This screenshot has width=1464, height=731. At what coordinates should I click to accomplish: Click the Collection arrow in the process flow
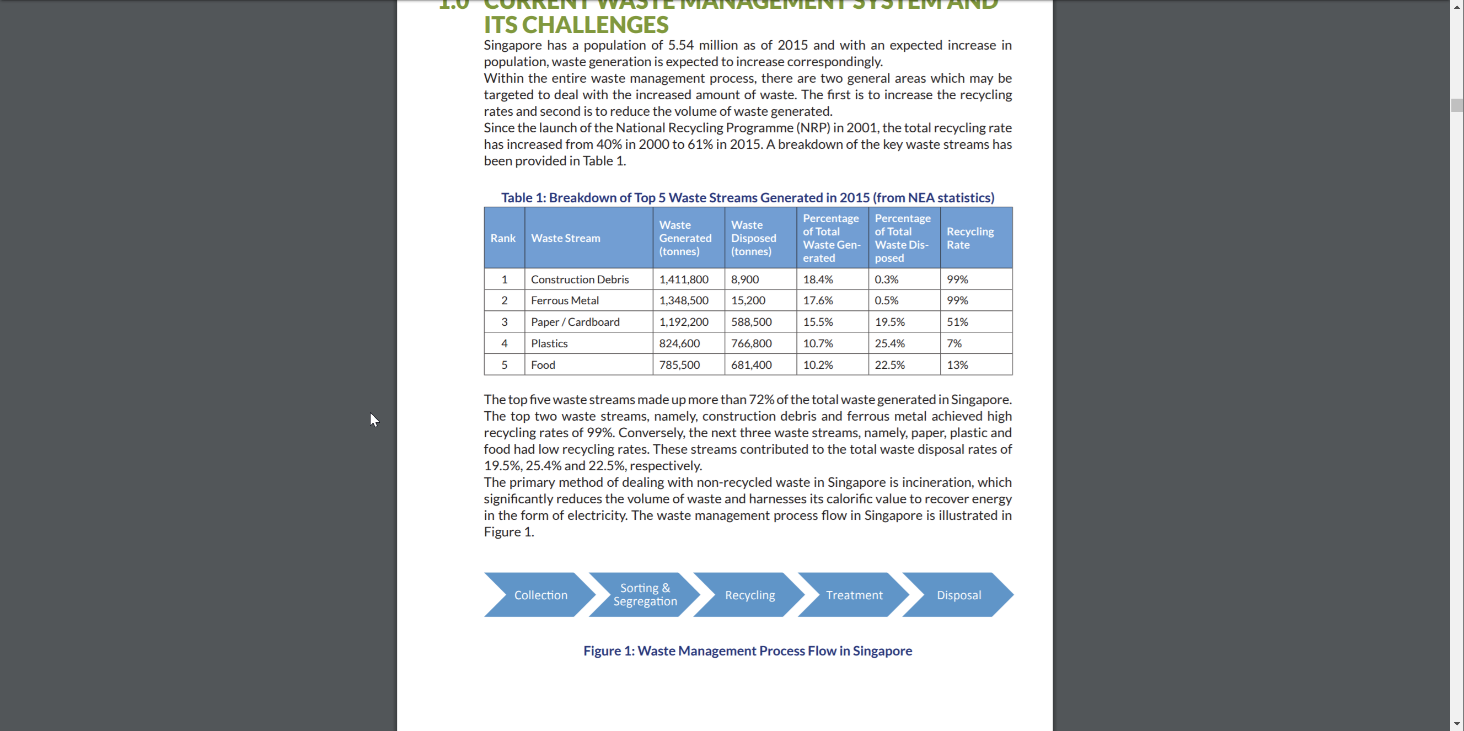coord(540,595)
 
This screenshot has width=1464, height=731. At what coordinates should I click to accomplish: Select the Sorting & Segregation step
coord(645,595)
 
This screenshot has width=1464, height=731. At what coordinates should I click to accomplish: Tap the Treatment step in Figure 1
coord(854,595)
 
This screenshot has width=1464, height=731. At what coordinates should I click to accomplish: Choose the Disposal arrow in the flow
coord(959,595)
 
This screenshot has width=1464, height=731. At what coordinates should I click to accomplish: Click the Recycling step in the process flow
coord(749,595)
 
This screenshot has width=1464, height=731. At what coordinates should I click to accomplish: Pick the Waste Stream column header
coord(566,238)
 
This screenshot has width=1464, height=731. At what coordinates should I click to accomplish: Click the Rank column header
coord(503,238)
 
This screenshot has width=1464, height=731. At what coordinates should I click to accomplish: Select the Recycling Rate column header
coord(969,238)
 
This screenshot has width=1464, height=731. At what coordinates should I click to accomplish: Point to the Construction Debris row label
coord(580,279)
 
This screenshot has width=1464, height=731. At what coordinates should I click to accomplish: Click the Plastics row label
coord(549,343)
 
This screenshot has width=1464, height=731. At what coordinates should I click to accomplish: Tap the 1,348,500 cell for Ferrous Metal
coord(684,300)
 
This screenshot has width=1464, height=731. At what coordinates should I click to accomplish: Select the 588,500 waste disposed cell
coord(752,322)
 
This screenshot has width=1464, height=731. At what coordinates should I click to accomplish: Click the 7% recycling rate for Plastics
coord(954,343)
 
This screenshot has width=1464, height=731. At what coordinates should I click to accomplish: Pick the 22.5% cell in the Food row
coord(889,365)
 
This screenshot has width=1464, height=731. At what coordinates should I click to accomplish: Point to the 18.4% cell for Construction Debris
coord(818,279)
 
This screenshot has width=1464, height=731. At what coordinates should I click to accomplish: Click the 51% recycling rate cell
coord(957,322)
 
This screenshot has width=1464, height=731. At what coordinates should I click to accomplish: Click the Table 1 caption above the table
coord(747,198)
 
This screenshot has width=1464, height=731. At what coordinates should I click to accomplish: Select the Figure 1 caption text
coord(747,651)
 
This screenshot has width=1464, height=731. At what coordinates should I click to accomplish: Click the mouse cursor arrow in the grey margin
coord(373,420)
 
